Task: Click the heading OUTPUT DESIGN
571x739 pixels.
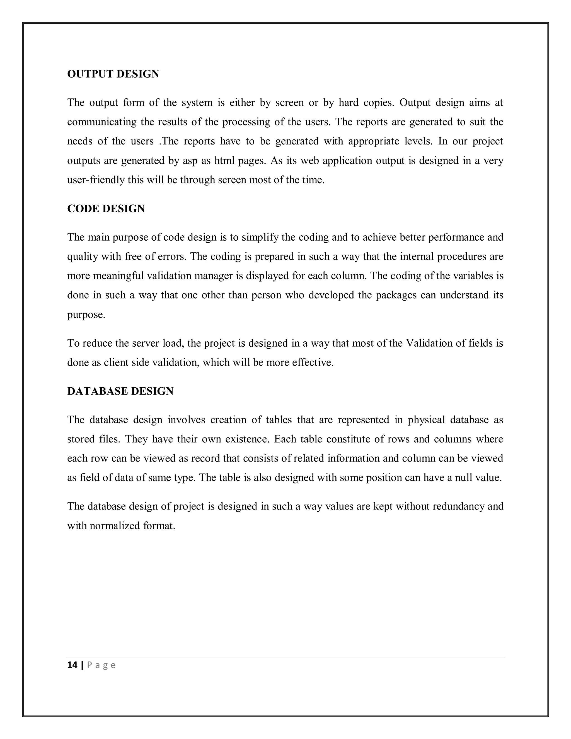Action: (113, 74)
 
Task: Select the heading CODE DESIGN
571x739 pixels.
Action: (106, 209)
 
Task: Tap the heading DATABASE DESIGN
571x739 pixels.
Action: (120, 391)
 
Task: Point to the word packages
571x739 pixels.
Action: (396, 295)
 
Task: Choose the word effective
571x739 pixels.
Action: (312, 363)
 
